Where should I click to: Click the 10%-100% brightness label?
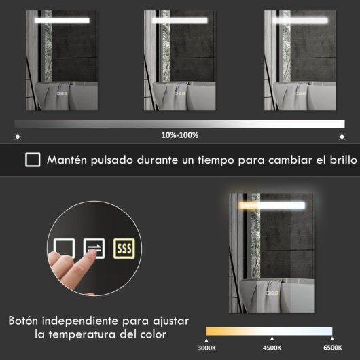tap(180, 135)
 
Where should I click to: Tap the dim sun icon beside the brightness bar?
tap(18, 136)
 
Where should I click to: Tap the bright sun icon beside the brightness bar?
tap(342, 136)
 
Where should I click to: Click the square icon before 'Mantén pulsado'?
tap(32, 160)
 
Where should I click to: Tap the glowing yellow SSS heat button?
tap(124, 249)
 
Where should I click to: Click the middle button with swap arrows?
tap(94, 249)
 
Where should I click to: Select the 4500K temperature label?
tap(272, 348)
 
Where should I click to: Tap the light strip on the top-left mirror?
tap(62, 20)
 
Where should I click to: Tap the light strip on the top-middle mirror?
tap(179, 20)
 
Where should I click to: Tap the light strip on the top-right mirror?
tap(299, 20)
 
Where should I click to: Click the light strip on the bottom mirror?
tap(270, 205)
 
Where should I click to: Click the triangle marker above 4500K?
tap(272, 339)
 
